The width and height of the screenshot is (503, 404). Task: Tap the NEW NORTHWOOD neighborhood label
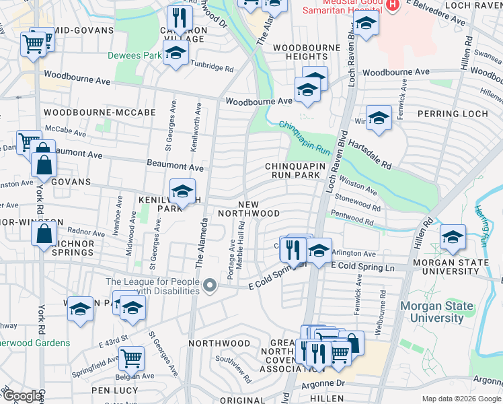[x=259, y=209]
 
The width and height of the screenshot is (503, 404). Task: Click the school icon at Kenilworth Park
[x=182, y=191]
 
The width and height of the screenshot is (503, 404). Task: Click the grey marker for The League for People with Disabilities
[x=210, y=285]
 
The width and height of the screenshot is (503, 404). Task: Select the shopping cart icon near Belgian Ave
[x=131, y=359]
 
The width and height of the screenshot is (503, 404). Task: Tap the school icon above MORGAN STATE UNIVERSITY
[x=453, y=237]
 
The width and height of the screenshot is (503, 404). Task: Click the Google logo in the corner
[x=22, y=396]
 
